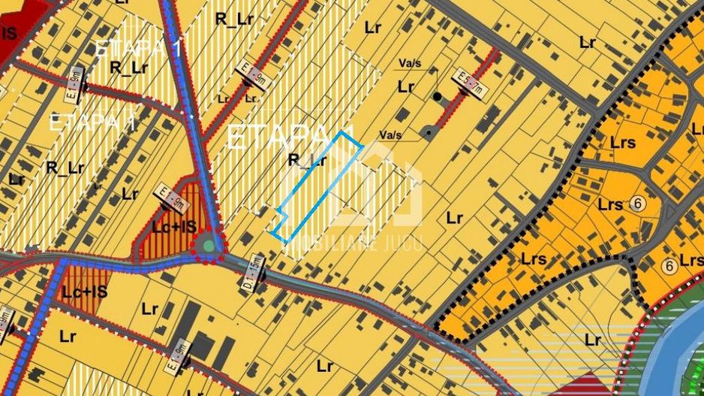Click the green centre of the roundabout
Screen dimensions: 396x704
coord(209,244)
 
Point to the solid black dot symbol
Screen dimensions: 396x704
coord(437,97)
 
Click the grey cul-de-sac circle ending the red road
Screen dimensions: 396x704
coord(428,133)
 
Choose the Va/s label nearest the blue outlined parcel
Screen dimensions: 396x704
coord(390,135)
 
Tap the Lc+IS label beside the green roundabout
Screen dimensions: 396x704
coord(174,226)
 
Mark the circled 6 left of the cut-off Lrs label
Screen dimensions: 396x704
coord(668,265)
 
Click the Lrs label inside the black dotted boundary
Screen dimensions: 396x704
coord(533,259)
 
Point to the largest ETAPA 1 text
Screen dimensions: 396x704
coord(290,137)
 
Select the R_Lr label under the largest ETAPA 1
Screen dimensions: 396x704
coord(307,160)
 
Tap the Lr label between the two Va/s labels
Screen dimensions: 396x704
coord(406,87)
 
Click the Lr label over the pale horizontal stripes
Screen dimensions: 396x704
coord(593,340)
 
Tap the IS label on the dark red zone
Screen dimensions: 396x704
coord(9,34)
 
